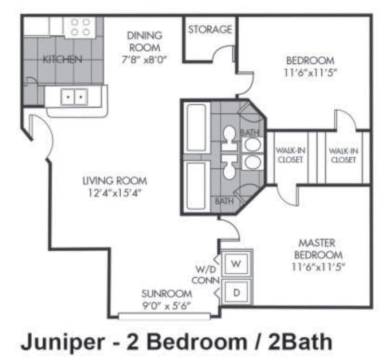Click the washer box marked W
pyautogui.click(x=236, y=264)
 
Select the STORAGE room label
pyautogui.click(x=210, y=30)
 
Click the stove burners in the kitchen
pyautogui.click(x=80, y=26)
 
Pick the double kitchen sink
pyautogui.click(x=74, y=97)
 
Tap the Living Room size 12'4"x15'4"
pyautogui.click(x=115, y=193)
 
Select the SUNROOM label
pyautogui.click(x=167, y=294)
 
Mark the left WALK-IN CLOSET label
pyautogui.click(x=289, y=155)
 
